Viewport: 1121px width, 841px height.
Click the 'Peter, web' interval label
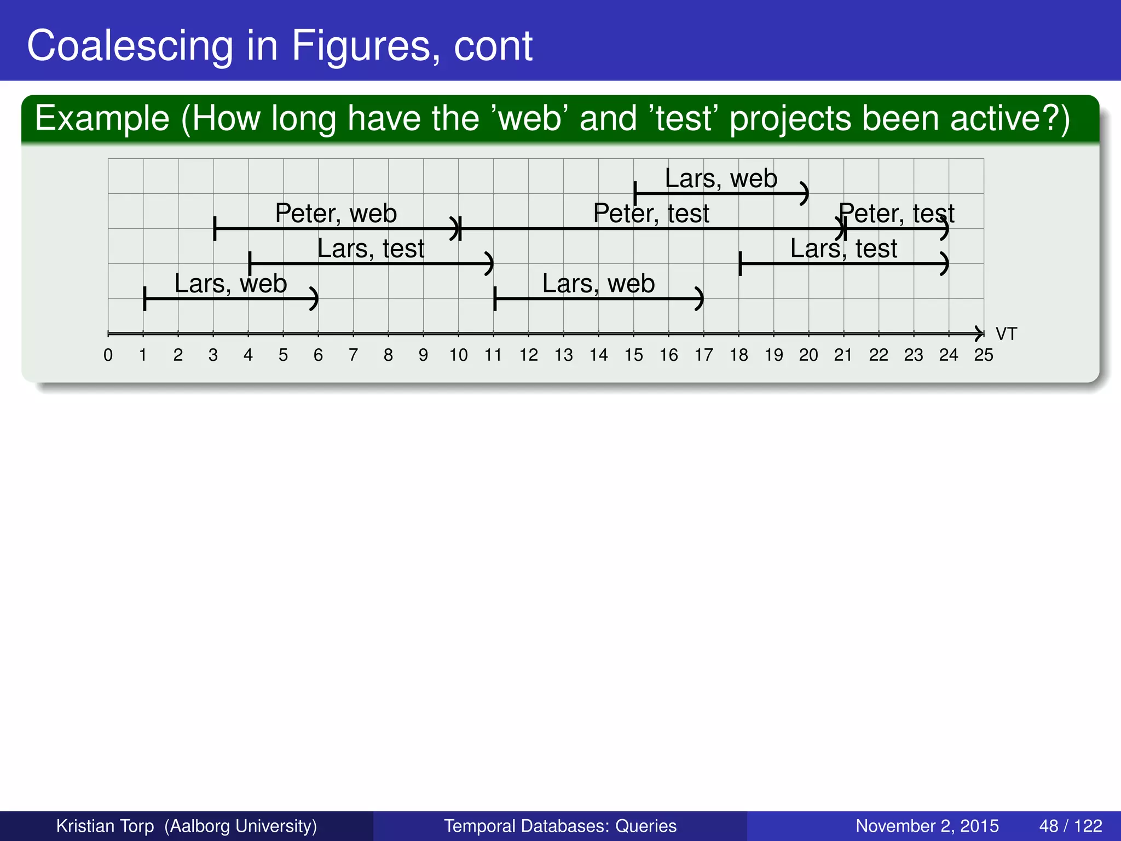pyautogui.click(x=336, y=213)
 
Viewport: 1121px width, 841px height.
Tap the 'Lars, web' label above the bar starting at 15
pyautogui.click(x=721, y=178)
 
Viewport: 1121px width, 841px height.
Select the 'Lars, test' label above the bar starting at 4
pyautogui.click(x=371, y=249)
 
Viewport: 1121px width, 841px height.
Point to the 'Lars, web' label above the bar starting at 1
pyautogui.click(x=230, y=284)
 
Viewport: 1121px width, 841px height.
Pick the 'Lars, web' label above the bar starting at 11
pyautogui.click(x=598, y=284)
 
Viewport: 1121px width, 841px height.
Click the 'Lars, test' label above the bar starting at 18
pyautogui.click(x=843, y=249)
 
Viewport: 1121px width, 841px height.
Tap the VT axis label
pyautogui.click(x=1006, y=333)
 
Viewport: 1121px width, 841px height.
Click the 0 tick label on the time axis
pyautogui.click(x=108, y=355)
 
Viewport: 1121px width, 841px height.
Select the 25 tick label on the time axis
pyautogui.click(x=984, y=355)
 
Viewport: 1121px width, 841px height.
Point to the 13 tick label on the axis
pyautogui.click(x=563, y=355)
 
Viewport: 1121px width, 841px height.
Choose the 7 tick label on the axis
pyautogui.click(x=353, y=355)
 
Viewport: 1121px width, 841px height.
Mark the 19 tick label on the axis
pyautogui.click(x=773, y=355)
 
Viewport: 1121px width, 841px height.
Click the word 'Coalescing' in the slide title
pyautogui.click(x=130, y=46)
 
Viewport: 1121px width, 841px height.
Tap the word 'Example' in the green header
pyautogui.click(x=102, y=119)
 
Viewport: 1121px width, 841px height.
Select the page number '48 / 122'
pyautogui.click(x=1071, y=826)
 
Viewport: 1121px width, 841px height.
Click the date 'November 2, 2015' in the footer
pyautogui.click(x=927, y=826)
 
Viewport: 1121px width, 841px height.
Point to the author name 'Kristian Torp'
pyautogui.click(x=105, y=826)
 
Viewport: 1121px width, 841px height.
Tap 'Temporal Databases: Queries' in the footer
pyautogui.click(x=560, y=826)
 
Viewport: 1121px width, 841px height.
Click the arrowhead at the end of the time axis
pyautogui.click(x=979, y=333)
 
